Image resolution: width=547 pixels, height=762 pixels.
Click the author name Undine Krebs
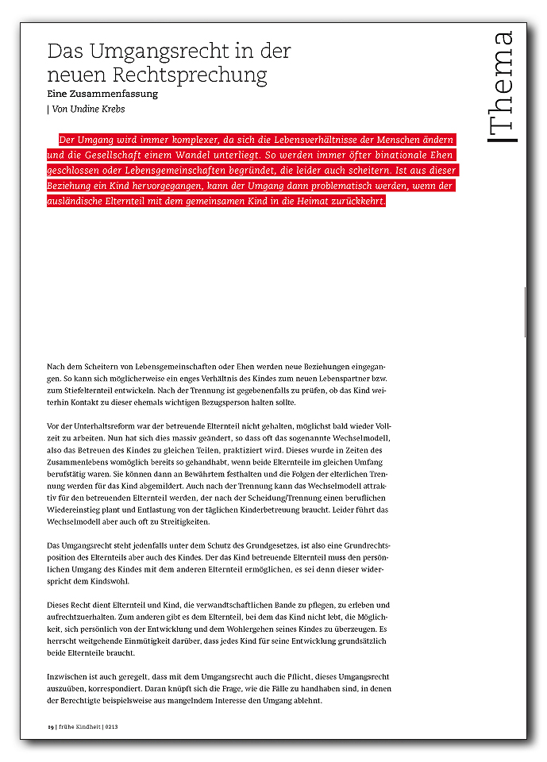106,109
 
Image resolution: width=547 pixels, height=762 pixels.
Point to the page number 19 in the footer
49,726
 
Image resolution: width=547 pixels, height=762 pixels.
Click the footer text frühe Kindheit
76,726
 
